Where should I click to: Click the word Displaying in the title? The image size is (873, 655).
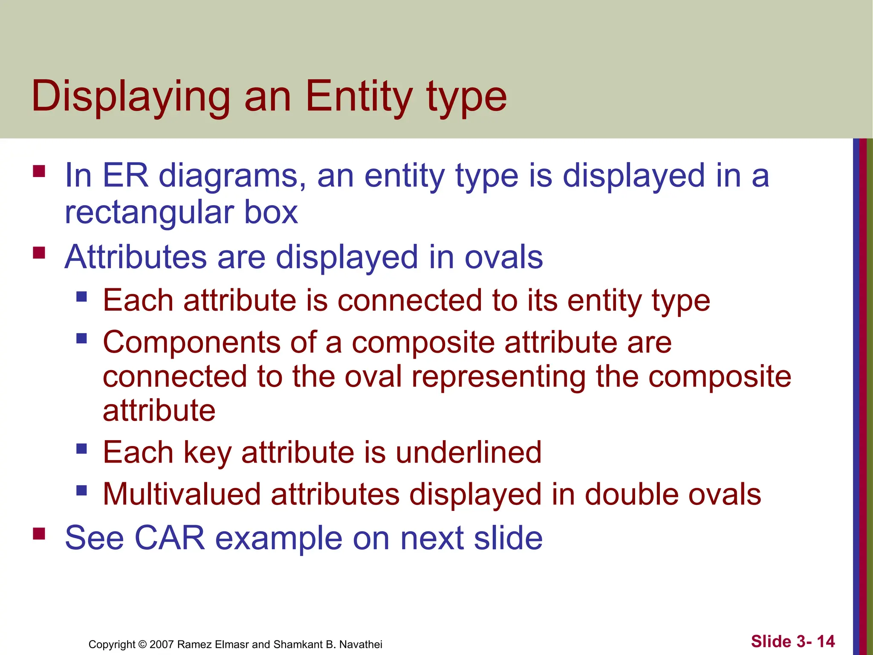point(130,97)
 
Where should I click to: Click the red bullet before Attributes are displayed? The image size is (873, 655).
point(39,253)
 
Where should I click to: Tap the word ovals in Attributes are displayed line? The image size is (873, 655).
point(503,257)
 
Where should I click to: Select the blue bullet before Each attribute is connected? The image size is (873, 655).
point(82,296)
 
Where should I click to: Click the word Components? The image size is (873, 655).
point(191,343)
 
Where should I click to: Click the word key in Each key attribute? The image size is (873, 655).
point(208,453)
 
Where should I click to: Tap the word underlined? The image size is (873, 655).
point(468,452)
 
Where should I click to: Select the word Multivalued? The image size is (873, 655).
point(182,494)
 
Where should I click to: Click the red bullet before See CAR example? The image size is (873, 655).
point(39,533)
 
